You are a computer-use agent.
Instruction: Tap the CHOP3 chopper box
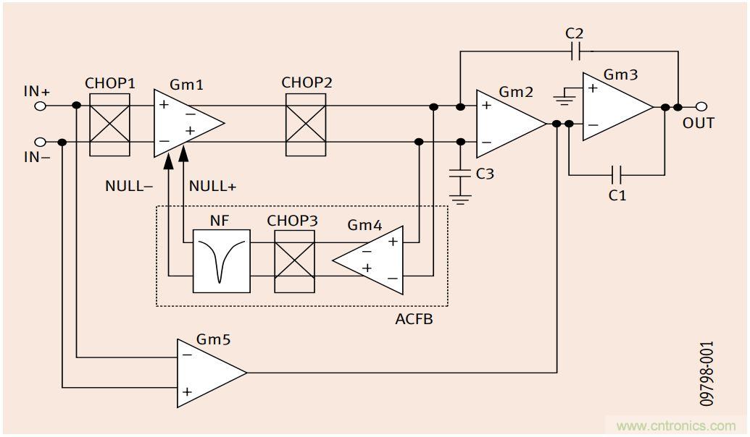pyautogui.click(x=294, y=261)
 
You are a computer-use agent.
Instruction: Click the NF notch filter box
pyautogui.click(x=221, y=261)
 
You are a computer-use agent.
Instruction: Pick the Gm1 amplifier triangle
pyautogui.click(x=183, y=124)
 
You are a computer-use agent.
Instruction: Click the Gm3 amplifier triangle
pyautogui.click(x=614, y=106)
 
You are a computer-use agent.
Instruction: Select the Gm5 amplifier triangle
pyautogui.click(x=206, y=373)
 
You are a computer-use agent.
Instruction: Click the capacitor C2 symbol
pyautogui.click(x=575, y=51)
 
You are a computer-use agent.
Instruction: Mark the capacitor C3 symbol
pyautogui.click(x=459, y=174)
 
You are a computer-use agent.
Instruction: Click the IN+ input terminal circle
pyautogui.click(x=41, y=106)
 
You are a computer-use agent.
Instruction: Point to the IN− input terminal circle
pyautogui.click(x=41, y=142)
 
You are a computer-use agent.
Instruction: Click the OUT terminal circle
pyautogui.click(x=701, y=107)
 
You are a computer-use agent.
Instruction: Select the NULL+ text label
pyautogui.click(x=212, y=186)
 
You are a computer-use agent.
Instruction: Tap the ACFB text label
pyautogui.click(x=414, y=318)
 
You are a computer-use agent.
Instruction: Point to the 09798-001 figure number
pyautogui.click(x=707, y=373)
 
